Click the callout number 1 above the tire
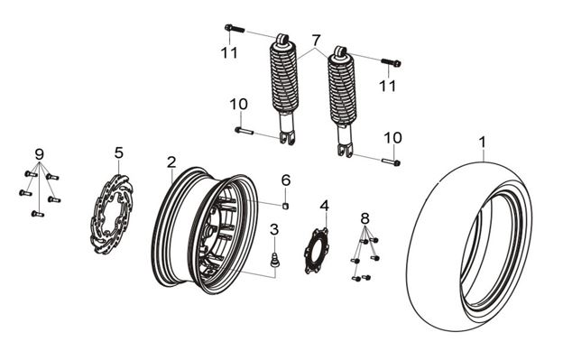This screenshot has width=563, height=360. coord(483,142)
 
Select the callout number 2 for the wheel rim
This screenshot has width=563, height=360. coord(171,162)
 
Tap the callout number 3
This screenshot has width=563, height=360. coord(274,229)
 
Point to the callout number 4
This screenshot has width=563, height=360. coord(324,206)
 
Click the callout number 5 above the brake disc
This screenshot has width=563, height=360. coord(119,152)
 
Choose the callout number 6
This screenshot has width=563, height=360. coord(285,180)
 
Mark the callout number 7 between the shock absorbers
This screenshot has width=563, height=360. coord(316,40)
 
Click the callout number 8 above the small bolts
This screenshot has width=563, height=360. coord(365,217)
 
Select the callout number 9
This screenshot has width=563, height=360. coord(40,154)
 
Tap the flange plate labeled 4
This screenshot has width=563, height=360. coord(316,251)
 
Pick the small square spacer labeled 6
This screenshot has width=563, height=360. coord(285,206)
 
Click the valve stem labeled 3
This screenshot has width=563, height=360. coord(275,260)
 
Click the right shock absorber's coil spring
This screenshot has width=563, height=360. coord(342,88)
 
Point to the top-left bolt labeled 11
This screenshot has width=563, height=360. coord(235,28)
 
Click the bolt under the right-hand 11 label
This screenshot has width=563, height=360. coord(391,62)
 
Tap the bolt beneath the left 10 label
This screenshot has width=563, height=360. coord(245,131)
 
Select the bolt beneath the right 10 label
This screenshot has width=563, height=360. coord(391,162)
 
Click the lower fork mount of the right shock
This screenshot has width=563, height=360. coord(346,149)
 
